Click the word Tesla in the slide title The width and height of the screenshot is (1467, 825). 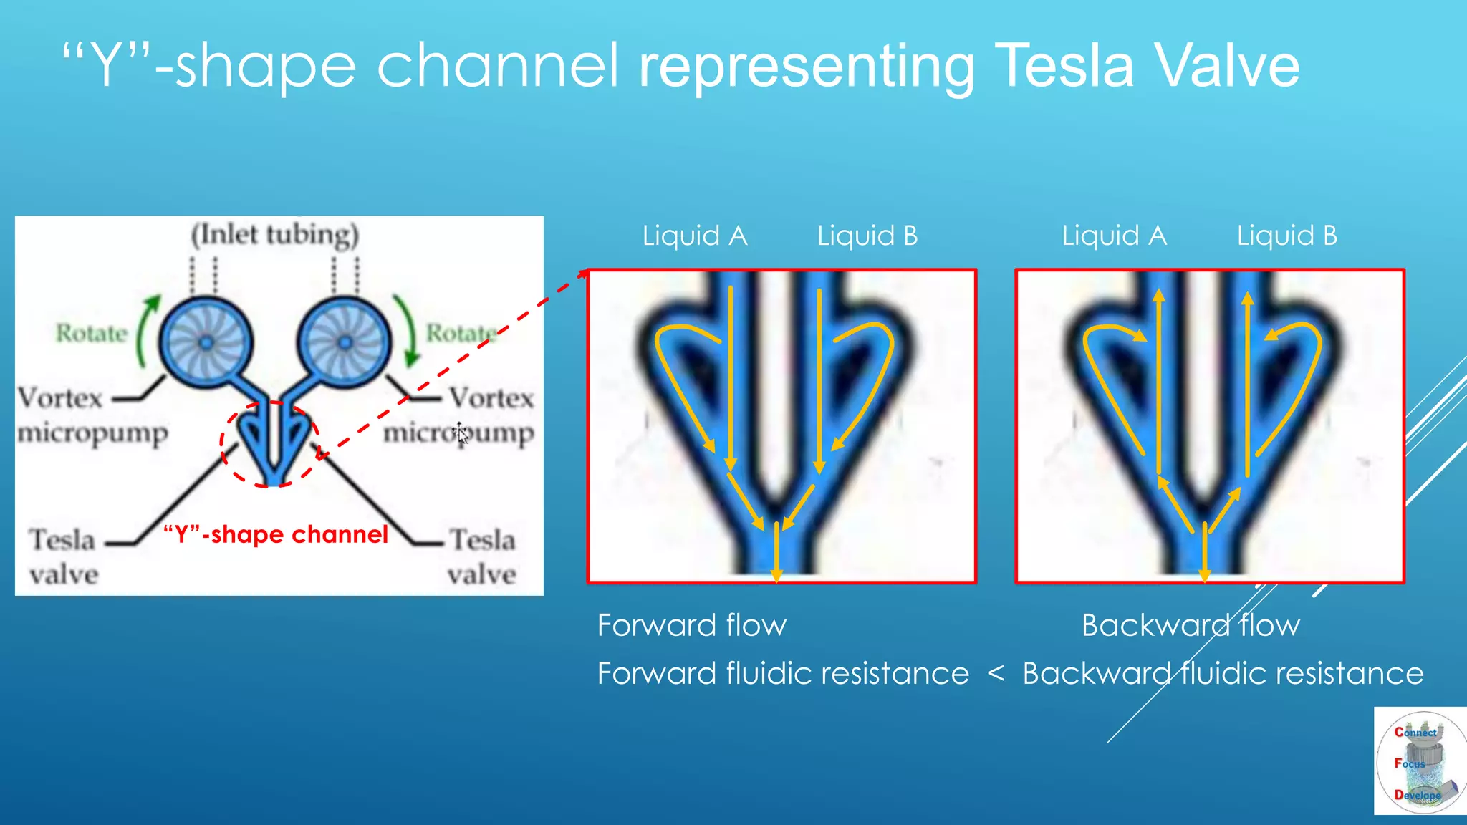coord(1064,66)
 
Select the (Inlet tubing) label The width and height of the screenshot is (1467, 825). coord(275,235)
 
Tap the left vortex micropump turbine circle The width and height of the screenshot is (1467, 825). coord(206,342)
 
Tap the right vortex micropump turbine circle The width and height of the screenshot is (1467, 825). coord(345,342)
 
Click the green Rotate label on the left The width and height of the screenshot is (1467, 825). coord(91,333)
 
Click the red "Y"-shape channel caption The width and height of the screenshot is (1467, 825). coord(276,534)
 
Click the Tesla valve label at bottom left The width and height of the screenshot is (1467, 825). coord(63,556)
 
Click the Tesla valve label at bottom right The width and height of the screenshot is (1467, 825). coord(481,556)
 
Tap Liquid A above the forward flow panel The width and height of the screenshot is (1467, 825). coord(694,236)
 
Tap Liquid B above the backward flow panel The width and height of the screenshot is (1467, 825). coord(1286,236)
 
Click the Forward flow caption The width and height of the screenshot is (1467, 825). coord(692,625)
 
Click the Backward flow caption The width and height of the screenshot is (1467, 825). coord(1191,625)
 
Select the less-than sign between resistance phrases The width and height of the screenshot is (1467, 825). coord(996,673)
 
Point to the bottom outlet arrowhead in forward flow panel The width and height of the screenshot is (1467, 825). coord(776,575)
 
